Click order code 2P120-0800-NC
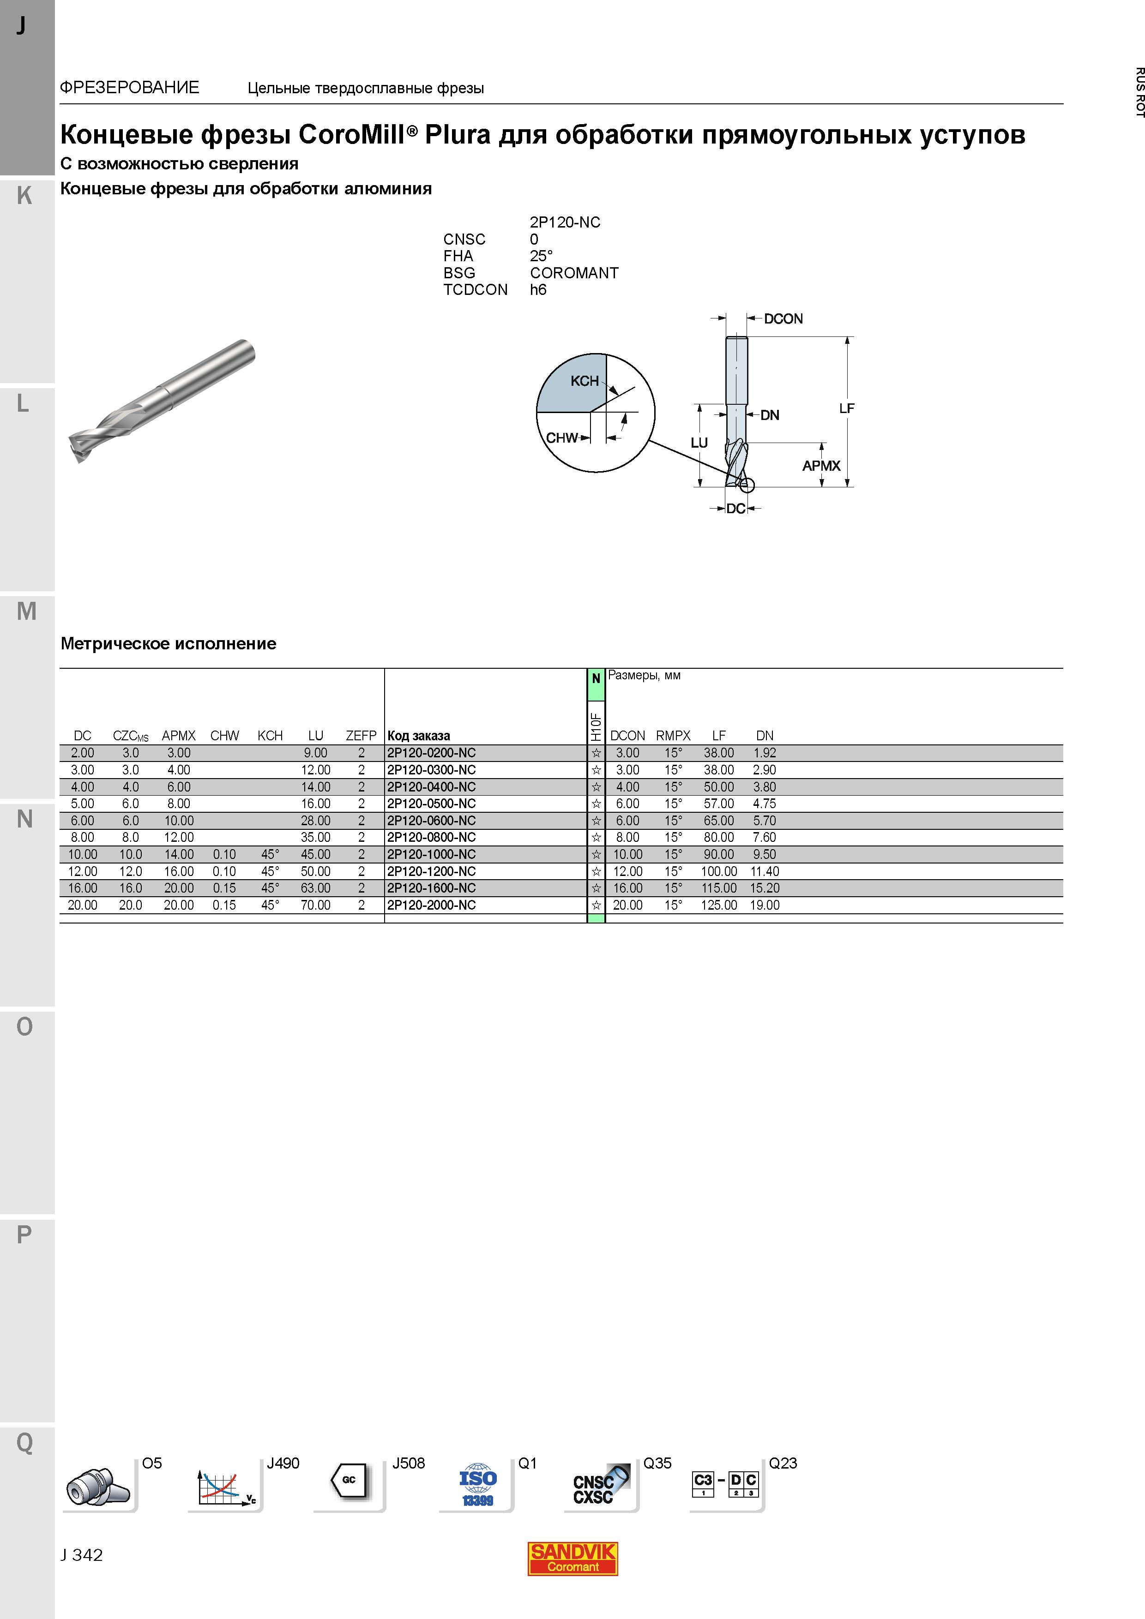(431, 837)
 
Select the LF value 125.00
(719, 905)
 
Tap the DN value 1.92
(765, 752)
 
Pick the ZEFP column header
(361, 736)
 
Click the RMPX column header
(673, 736)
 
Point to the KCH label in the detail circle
(584, 381)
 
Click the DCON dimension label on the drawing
(783, 319)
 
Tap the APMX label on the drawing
(821, 465)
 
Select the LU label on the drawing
(699, 443)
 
